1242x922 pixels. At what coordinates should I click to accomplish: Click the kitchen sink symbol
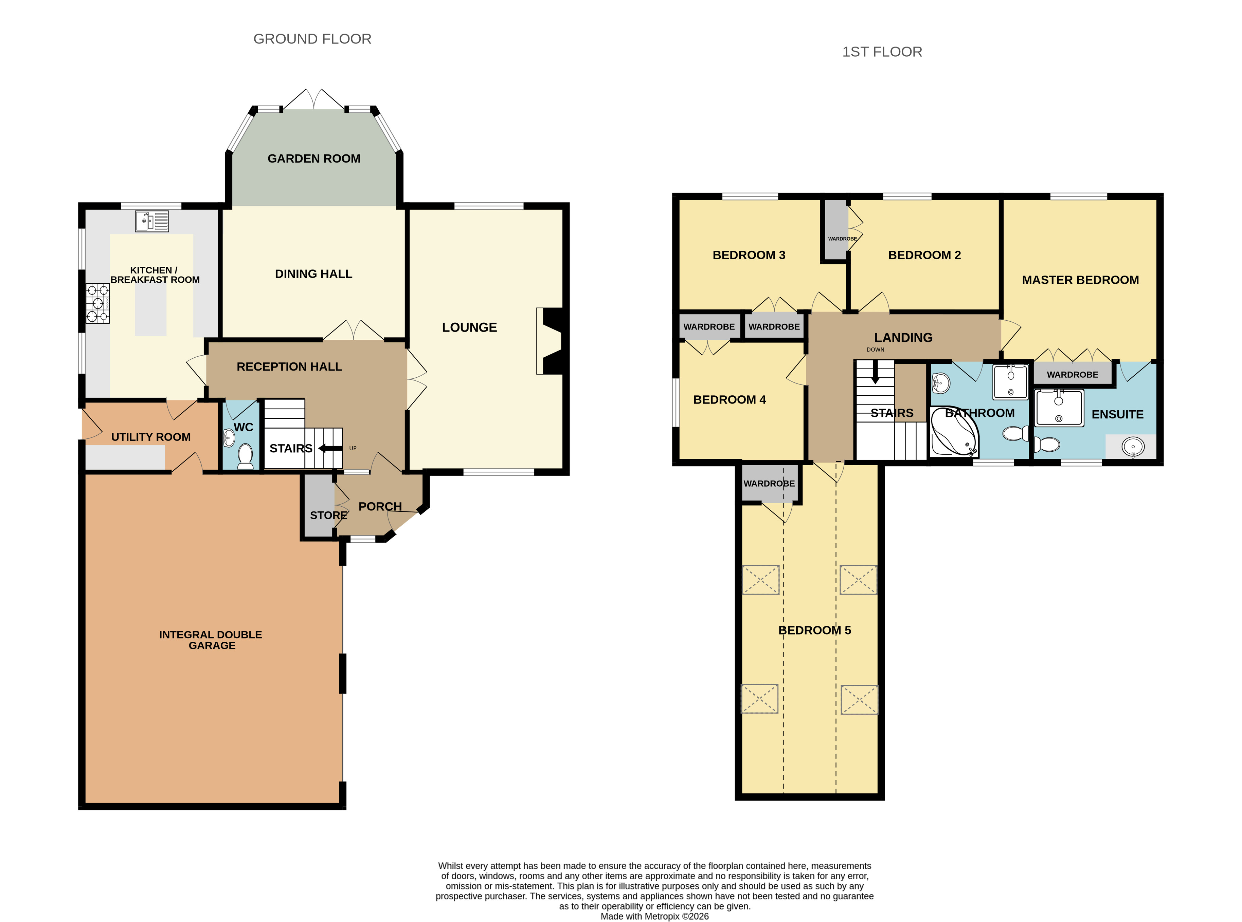pyautogui.click(x=152, y=221)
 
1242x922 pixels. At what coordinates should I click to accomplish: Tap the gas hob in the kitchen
pyautogui.click(x=98, y=304)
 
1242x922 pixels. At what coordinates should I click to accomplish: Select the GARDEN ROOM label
pyautogui.click(x=314, y=158)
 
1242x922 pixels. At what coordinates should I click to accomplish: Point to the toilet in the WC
pyautogui.click(x=245, y=455)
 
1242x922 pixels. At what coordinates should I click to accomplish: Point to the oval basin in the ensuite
pyautogui.click(x=1133, y=447)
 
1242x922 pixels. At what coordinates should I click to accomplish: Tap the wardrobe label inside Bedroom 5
pyautogui.click(x=769, y=483)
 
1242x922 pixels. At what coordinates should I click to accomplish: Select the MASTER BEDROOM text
pyautogui.click(x=1080, y=280)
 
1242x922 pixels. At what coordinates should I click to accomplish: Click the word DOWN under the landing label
pyautogui.click(x=875, y=350)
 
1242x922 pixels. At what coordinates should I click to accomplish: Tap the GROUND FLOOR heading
pyautogui.click(x=312, y=39)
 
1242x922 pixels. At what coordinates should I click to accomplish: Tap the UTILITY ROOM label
pyautogui.click(x=151, y=437)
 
